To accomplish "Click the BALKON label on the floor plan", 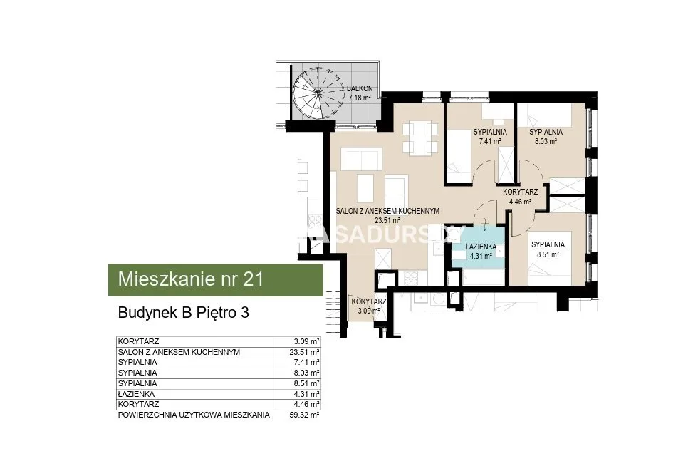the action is [360, 88].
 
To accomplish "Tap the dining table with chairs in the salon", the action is [420, 138].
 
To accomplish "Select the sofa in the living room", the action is [360, 160].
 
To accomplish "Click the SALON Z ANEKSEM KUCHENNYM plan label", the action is [387, 211].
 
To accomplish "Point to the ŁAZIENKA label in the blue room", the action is [481, 247].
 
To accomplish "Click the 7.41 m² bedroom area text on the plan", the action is [490, 141].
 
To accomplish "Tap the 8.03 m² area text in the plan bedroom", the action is [546, 141].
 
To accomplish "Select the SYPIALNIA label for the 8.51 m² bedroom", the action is [548, 245].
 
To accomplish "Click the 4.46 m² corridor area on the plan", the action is [521, 202].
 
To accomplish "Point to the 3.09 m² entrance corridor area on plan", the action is [369, 311].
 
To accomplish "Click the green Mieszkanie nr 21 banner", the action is [215, 279].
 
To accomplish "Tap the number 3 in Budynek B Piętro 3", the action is [245, 313].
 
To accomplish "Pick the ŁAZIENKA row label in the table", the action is [136, 394].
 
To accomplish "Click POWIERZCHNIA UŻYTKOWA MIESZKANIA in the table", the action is [194, 415].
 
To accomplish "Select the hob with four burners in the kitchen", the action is [411, 277].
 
